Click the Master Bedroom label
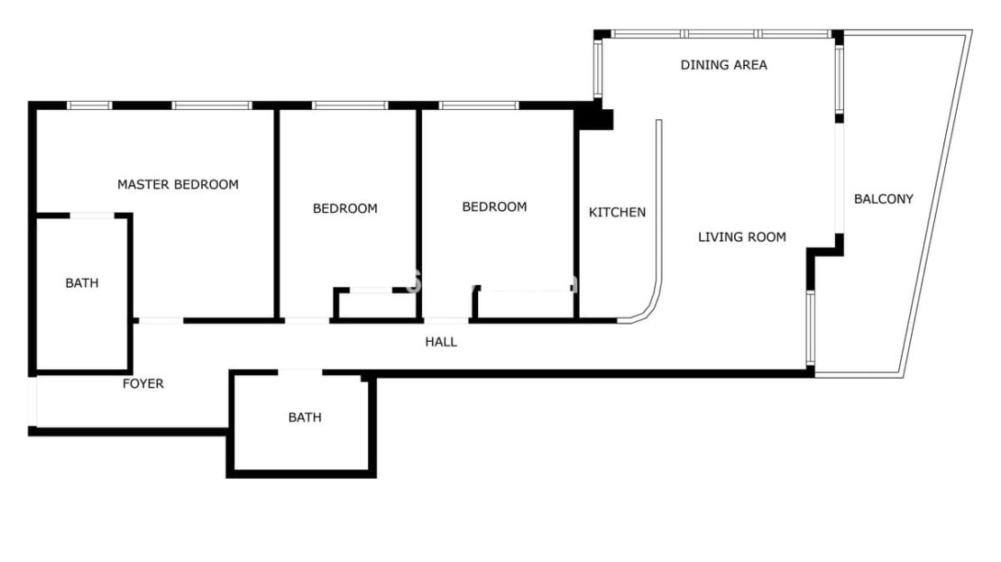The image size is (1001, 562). click(x=178, y=185)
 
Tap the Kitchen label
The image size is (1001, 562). click(x=617, y=212)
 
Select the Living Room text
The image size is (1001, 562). click(x=742, y=237)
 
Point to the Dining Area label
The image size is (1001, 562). click(x=723, y=65)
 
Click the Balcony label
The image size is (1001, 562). click(x=884, y=198)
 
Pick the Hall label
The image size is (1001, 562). click(x=441, y=342)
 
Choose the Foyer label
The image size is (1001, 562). click(x=143, y=383)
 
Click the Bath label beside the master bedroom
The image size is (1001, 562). click(x=82, y=283)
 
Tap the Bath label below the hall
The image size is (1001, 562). click(x=305, y=417)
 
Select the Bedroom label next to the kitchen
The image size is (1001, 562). click(x=494, y=207)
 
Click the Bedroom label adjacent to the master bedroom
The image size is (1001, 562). click(x=344, y=208)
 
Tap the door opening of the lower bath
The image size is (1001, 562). click(x=300, y=372)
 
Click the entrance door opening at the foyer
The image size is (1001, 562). click(x=32, y=401)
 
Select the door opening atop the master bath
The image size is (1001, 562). click(x=92, y=216)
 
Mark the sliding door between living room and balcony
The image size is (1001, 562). click(x=839, y=179)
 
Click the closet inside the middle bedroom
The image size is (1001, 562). click(x=376, y=304)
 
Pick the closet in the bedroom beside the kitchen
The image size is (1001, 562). click(x=524, y=303)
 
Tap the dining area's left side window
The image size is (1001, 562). click(x=598, y=69)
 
